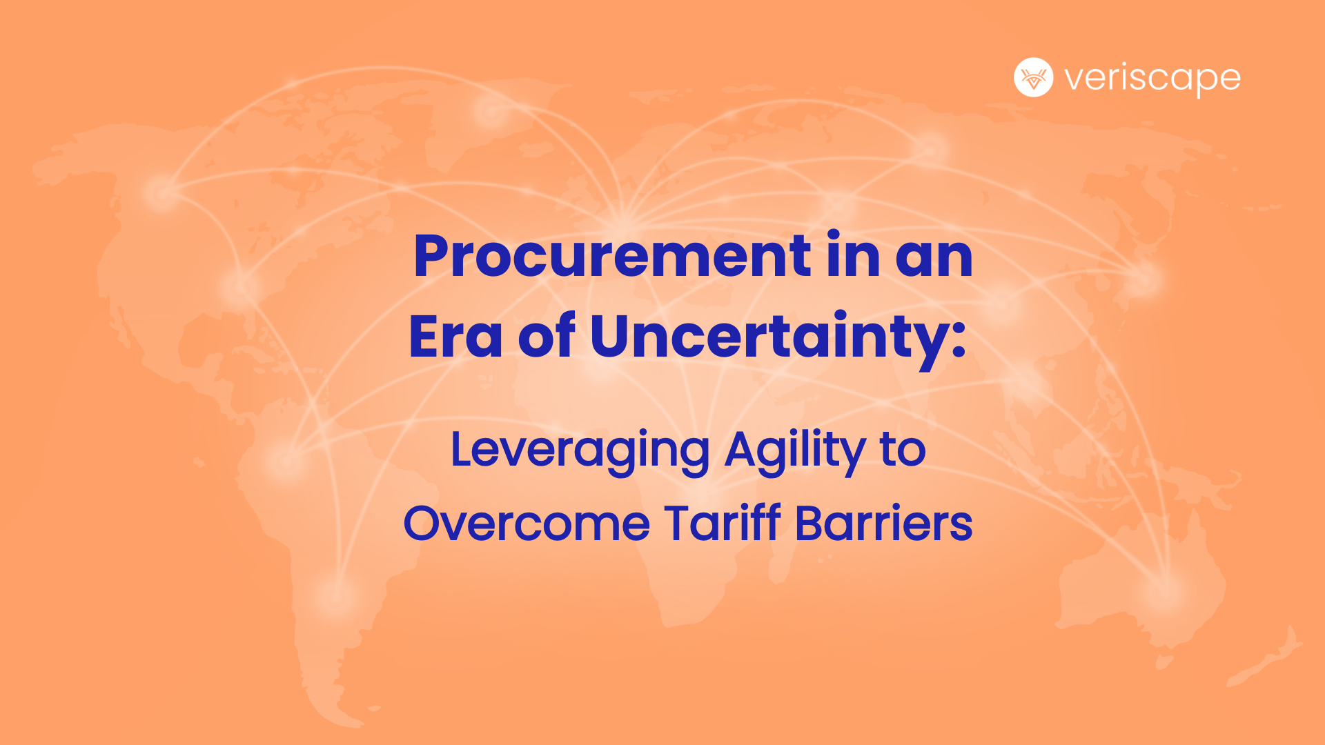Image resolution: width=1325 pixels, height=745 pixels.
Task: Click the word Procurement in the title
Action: [x=611, y=257]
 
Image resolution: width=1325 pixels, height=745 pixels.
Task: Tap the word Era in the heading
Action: [x=455, y=337]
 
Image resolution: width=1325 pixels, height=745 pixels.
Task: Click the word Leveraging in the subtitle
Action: [x=580, y=450]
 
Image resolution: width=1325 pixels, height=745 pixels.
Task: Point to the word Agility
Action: [x=794, y=450]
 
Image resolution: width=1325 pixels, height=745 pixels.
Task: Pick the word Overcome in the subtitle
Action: [x=527, y=524]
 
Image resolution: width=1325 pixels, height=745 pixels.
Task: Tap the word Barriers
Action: [x=883, y=524]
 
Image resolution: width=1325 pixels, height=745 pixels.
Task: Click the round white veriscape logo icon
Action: [x=1033, y=77]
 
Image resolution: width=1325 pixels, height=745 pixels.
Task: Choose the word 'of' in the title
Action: [x=546, y=337]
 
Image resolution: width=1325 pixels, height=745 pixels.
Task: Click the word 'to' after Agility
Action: [x=902, y=450]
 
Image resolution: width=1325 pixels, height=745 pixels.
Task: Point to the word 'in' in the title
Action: [x=852, y=257]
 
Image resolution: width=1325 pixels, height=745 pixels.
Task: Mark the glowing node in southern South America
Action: [x=336, y=593]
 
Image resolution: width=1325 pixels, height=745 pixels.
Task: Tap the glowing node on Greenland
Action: [x=491, y=110]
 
